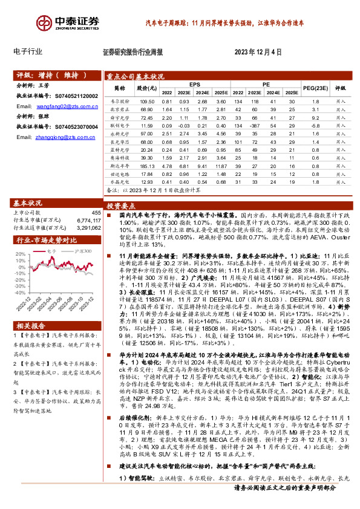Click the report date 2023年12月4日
[258, 52]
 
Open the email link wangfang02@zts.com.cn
[67, 106]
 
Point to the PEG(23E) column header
[316, 88]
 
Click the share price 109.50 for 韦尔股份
[147, 101]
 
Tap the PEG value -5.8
[315, 125]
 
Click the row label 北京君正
[120, 109]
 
